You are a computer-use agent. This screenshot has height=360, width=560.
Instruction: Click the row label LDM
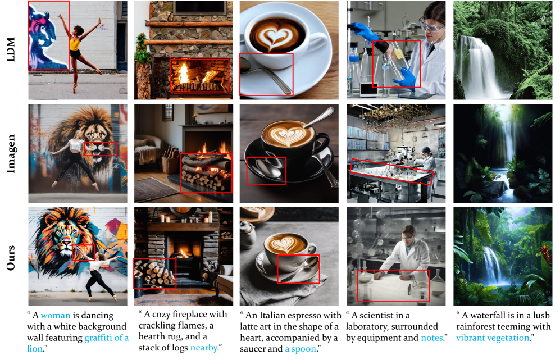coord(11,49)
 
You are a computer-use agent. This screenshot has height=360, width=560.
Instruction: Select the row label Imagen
coord(11,153)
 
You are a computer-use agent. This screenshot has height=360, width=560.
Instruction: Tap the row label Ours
coord(11,257)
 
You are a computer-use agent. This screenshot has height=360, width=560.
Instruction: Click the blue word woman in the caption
coord(56,316)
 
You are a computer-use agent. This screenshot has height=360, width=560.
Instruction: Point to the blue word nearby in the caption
coord(204,348)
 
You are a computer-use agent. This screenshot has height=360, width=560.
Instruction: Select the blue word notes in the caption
coord(432,338)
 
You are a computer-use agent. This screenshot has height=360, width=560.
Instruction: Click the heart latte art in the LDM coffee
coord(276,39)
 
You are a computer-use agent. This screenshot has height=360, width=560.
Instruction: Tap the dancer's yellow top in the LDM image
coord(75,44)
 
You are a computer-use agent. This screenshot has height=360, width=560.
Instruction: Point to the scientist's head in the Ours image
coord(408,234)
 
